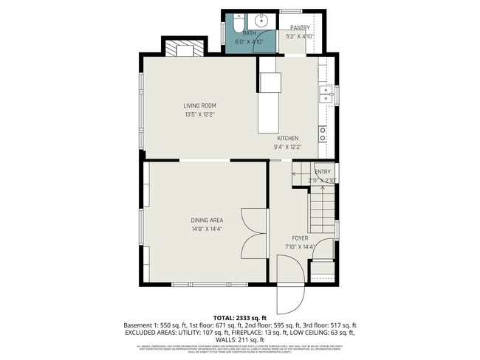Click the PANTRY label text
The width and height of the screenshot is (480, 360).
(300, 28)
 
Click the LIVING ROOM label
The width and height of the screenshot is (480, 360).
(200, 105)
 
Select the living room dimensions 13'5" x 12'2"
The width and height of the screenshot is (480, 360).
(200, 114)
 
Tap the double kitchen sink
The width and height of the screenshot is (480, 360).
(323, 95)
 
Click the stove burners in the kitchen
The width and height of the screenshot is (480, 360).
(323, 134)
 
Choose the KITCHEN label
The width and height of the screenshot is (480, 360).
(287, 139)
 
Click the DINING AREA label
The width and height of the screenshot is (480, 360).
(207, 220)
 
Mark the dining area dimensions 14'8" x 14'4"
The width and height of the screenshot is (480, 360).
(207, 229)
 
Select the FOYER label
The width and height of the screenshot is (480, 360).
(300, 238)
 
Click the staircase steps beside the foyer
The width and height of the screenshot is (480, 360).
(321, 210)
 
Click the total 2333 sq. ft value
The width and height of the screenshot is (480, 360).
(251, 316)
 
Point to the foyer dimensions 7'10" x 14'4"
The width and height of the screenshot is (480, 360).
(300, 246)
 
